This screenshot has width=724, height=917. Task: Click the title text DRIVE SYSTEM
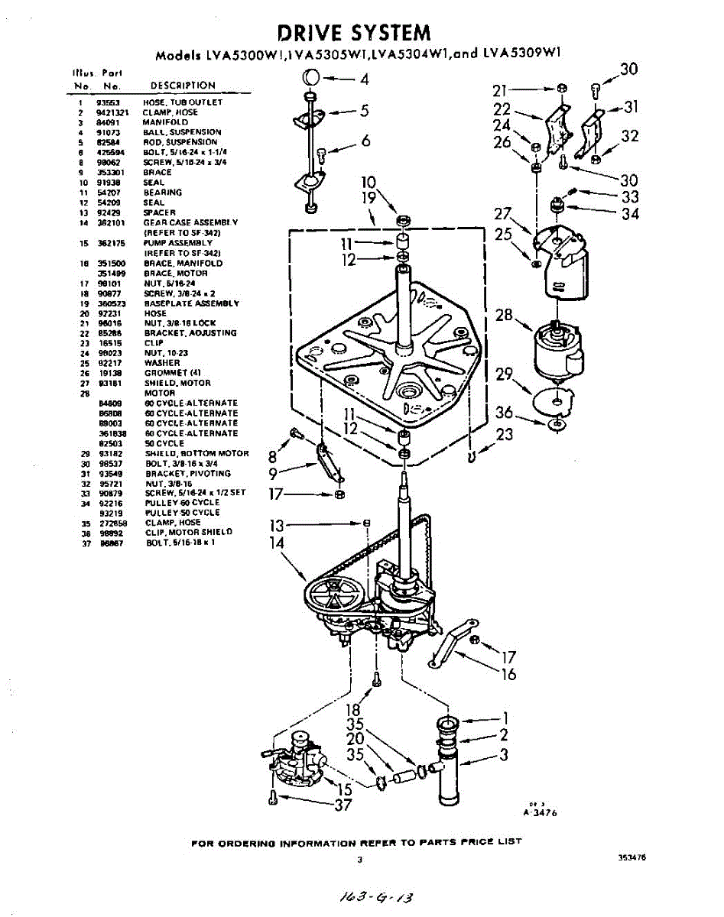(x=353, y=33)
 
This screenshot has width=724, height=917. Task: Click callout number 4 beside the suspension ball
(x=364, y=78)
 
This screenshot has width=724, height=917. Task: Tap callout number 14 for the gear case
(x=277, y=543)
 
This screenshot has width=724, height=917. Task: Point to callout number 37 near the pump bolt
(x=343, y=805)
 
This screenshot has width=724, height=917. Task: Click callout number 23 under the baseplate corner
(x=503, y=435)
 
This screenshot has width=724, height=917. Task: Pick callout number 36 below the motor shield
(x=504, y=413)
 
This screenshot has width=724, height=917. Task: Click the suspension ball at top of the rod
(x=312, y=77)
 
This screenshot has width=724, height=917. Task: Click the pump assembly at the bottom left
(x=298, y=758)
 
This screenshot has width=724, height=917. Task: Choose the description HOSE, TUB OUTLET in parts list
(x=183, y=102)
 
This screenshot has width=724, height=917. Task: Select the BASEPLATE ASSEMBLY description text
(x=191, y=303)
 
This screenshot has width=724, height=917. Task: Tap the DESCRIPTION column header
(x=183, y=86)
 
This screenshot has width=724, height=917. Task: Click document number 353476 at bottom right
(x=632, y=857)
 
